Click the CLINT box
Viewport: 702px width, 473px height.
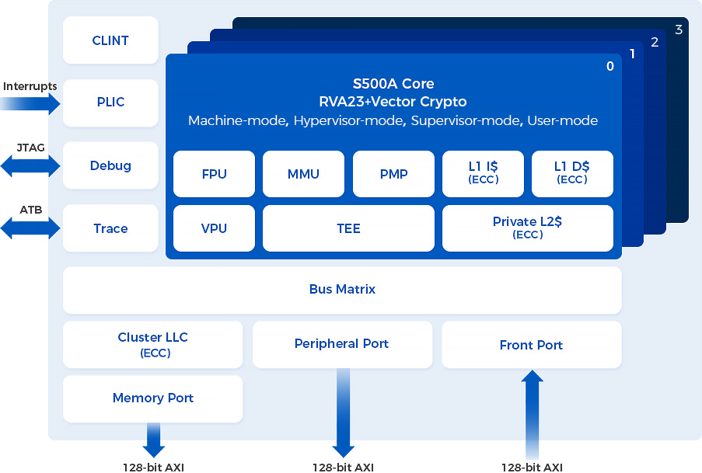[x=110, y=40]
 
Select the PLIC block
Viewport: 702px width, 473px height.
[x=110, y=103]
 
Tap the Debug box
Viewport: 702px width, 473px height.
[x=110, y=165]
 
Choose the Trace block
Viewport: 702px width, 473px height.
[x=110, y=228]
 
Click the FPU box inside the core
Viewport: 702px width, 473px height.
[x=214, y=174]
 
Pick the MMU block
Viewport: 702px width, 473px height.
[x=303, y=174]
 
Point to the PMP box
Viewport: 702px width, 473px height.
[x=393, y=174]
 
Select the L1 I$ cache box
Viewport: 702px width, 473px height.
[x=483, y=174]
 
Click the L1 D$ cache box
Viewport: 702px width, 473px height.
[x=572, y=174]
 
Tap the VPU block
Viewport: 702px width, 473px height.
[x=214, y=228]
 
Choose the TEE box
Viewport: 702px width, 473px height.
[x=348, y=228]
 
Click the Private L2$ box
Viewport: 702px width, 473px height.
[x=527, y=228]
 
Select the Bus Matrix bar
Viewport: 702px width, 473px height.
[x=342, y=290]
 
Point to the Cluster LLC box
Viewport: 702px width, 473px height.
[x=152, y=344]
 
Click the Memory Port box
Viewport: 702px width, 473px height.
[x=152, y=398]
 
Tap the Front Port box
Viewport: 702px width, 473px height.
[x=531, y=345]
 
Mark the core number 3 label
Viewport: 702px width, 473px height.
[x=679, y=30]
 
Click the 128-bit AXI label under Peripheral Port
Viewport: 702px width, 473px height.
[x=343, y=467]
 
